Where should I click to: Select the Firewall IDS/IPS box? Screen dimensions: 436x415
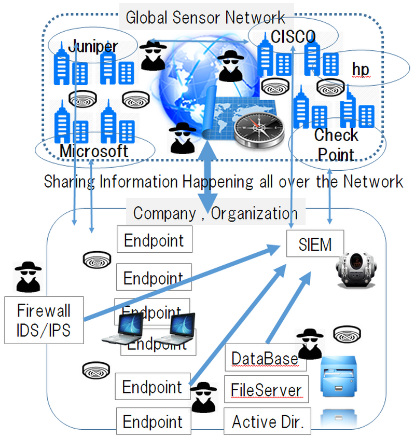tap(44, 319)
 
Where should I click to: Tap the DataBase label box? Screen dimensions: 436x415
tap(265, 359)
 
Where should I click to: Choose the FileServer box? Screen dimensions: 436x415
tap(266, 390)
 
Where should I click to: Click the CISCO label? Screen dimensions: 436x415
tap(293, 36)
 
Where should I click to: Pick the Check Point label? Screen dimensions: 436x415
tap(336, 145)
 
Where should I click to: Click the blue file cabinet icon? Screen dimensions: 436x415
tap(340, 376)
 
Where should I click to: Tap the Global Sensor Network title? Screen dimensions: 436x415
tap(205, 17)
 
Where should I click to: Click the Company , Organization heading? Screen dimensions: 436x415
tap(216, 213)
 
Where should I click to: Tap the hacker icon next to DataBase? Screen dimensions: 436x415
tap(310, 344)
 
